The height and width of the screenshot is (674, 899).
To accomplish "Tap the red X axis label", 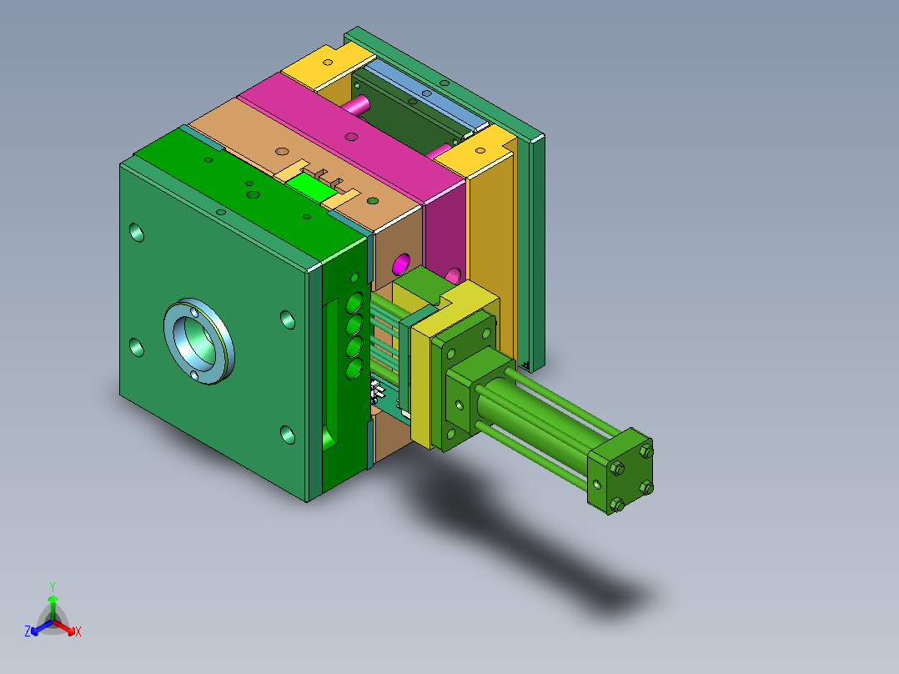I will (x=78, y=631).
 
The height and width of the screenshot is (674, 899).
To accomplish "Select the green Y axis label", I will (x=52, y=586).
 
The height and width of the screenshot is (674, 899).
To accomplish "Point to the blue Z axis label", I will (x=28, y=631).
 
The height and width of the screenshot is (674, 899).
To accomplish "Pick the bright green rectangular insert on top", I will (x=316, y=185).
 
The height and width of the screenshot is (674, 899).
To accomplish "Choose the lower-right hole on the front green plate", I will (x=287, y=434).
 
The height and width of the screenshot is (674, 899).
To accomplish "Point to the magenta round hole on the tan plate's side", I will (x=399, y=265).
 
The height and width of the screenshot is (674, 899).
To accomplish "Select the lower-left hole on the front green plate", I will (x=136, y=347).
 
